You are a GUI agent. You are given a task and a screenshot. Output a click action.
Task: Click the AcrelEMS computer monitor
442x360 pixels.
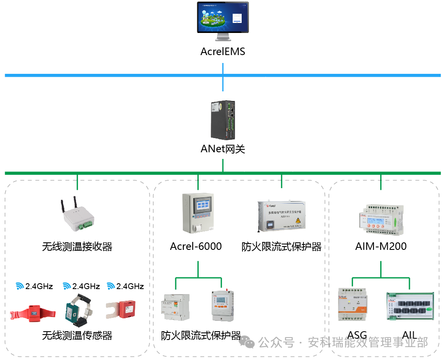(x=223, y=19)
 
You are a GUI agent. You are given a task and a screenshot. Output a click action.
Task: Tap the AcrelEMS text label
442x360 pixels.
(x=222, y=52)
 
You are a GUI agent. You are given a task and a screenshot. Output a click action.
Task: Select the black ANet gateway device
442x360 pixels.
(x=223, y=120)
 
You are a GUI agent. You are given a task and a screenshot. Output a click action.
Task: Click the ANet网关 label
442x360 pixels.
(x=222, y=149)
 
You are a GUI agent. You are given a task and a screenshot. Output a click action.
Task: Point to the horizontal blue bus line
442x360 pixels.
(x=104, y=76)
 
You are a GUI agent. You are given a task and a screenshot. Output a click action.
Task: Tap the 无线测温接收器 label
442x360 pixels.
(x=77, y=247)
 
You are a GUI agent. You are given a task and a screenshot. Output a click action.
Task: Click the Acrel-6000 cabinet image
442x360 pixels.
(x=198, y=213)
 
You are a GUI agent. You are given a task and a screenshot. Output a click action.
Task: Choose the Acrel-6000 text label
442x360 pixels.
(x=196, y=247)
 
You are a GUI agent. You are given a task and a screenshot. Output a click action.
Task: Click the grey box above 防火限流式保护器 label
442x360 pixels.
(x=282, y=216)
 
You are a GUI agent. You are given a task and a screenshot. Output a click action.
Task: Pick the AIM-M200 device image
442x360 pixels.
(x=381, y=219)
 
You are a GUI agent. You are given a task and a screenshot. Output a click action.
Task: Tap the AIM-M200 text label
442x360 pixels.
(x=381, y=246)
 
